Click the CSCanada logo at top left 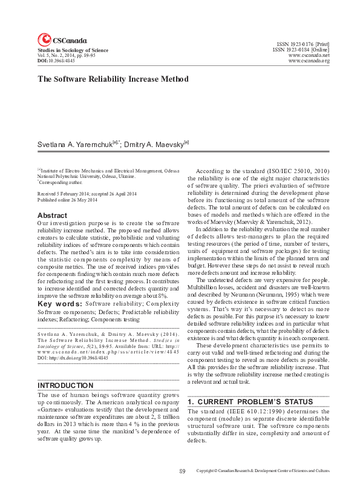coord(61,41)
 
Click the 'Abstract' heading coord(52,215)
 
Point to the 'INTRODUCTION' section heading coord(66,385)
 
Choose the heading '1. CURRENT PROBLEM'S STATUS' coord(250,402)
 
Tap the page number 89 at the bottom coord(182,470)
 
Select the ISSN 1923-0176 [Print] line coord(303,44)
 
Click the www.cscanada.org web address coord(309,61)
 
